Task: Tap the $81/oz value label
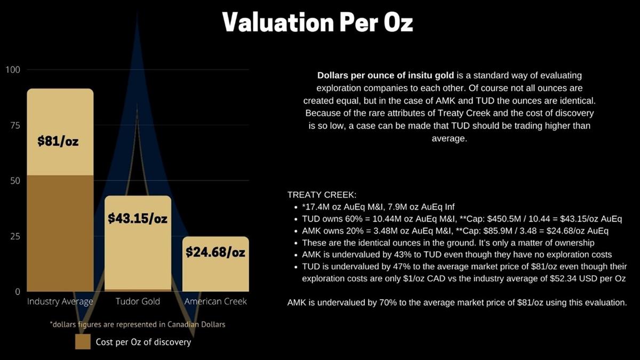pos(58,142)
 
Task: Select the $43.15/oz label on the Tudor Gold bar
pos(138,219)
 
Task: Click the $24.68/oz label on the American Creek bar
pos(215,252)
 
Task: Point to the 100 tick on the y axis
pos(13,70)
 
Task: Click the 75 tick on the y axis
pos(15,125)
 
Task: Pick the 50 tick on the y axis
pos(15,181)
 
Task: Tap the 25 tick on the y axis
pos(15,236)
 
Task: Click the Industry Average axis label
pos(60,302)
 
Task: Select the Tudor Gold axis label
pos(138,302)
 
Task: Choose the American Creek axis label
pos(215,302)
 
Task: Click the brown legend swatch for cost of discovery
pos(83,342)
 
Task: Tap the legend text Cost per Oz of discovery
pos(143,342)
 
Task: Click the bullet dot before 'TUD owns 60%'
pos(296,219)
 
